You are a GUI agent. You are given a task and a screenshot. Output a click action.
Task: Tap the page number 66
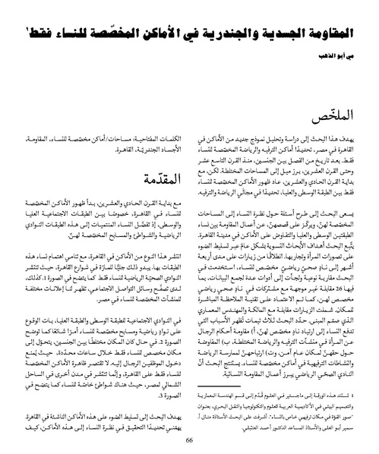pos(190,442)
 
